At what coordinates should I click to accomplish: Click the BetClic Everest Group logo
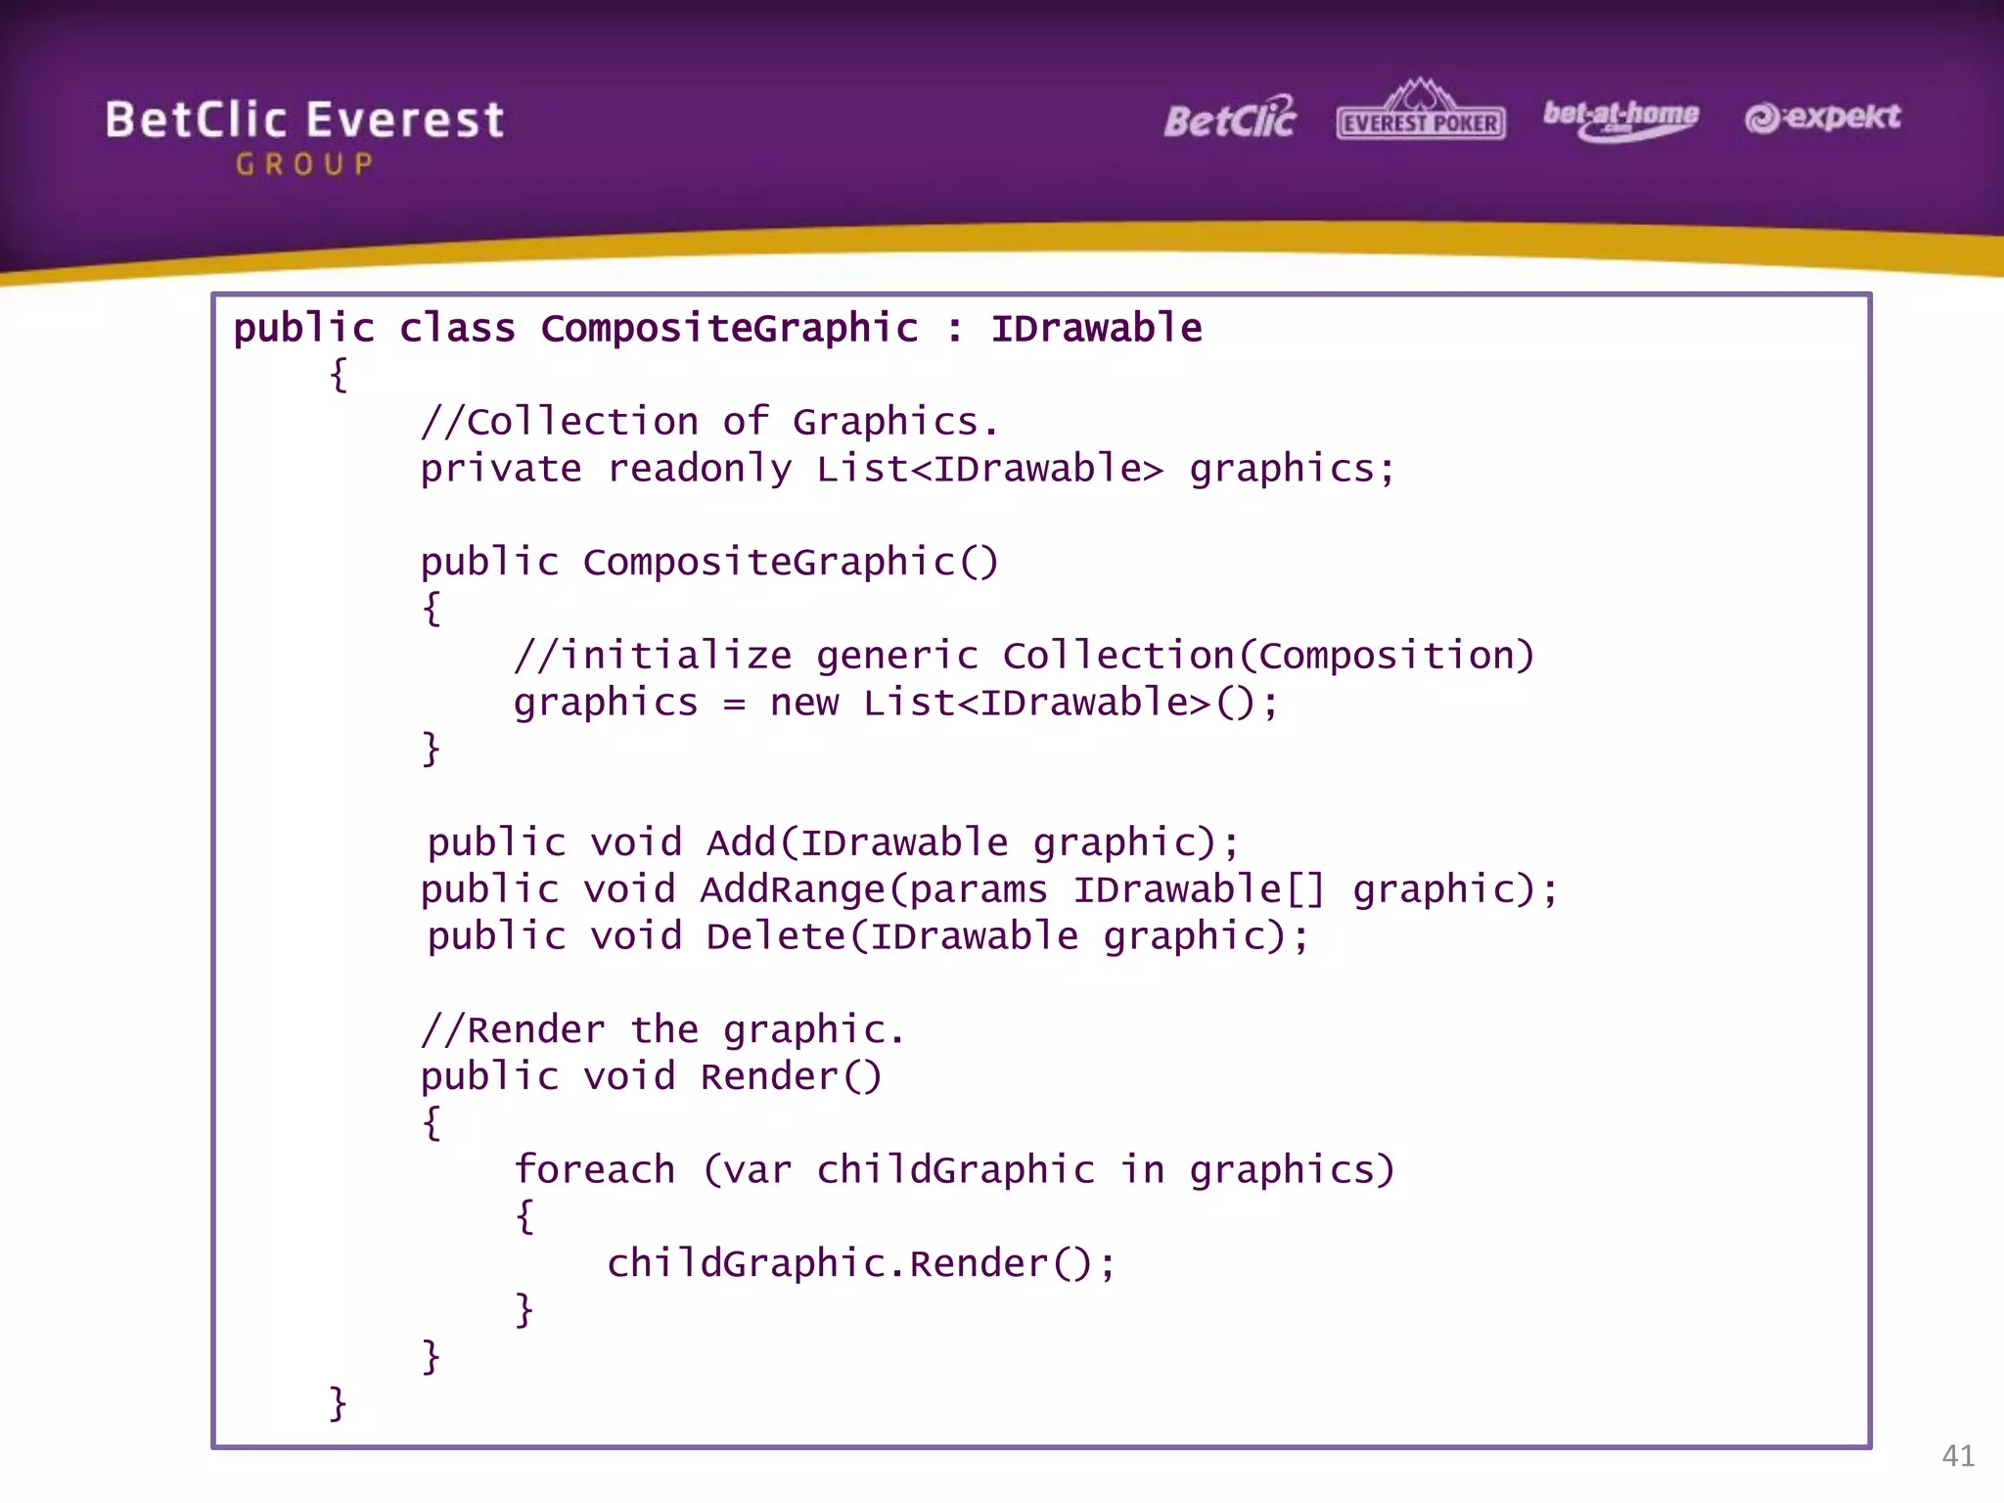click(x=304, y=136)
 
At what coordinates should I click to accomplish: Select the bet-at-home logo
click(x=1620, y=119)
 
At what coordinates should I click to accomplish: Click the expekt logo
click(x=1822, y=117)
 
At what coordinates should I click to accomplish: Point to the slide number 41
click(x=1957, y=1456)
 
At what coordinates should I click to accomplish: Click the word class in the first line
click(x=457, y=329)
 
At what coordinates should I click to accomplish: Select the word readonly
click(x=700, y=470)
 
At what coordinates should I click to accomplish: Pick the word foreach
click(x=594, y=1170)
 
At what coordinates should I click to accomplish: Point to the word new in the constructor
click(x=803, y=704)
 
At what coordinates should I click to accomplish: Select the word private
click(x=501, y=470)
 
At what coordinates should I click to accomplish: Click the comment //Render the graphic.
click(x=662, y=1030)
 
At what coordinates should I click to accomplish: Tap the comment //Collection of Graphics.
click(x=709, y=423)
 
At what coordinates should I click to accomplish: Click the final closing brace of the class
click(x=338, y=1403)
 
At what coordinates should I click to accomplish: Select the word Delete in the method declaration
click(x=776, y=937)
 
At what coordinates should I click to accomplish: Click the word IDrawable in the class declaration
click(x=1096, y=329)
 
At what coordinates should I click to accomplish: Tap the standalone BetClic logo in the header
click(x=1230, y=119)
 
